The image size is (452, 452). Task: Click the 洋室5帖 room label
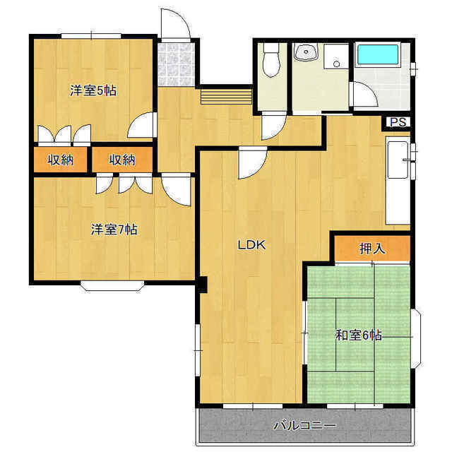point(93,90)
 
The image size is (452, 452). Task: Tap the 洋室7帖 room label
point(114,230)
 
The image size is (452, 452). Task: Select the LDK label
point(251,245)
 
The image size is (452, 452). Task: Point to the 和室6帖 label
point(359,335)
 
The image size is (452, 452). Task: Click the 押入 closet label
point(372,249)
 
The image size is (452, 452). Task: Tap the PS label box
point(398,122)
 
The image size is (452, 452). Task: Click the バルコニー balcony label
point(304,425)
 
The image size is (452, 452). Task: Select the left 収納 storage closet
point(61,160)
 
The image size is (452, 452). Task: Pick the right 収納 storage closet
point(122,160)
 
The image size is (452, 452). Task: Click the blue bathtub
point(378,54)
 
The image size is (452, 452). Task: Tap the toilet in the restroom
point(271,60)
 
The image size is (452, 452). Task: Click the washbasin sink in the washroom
point(305,54)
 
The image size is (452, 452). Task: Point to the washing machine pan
point(336,56)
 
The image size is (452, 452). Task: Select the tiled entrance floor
point(176,64)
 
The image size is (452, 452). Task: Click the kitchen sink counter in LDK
point(398,181)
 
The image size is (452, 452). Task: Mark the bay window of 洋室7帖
point(112,285)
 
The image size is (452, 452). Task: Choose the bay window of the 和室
point(417,339)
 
